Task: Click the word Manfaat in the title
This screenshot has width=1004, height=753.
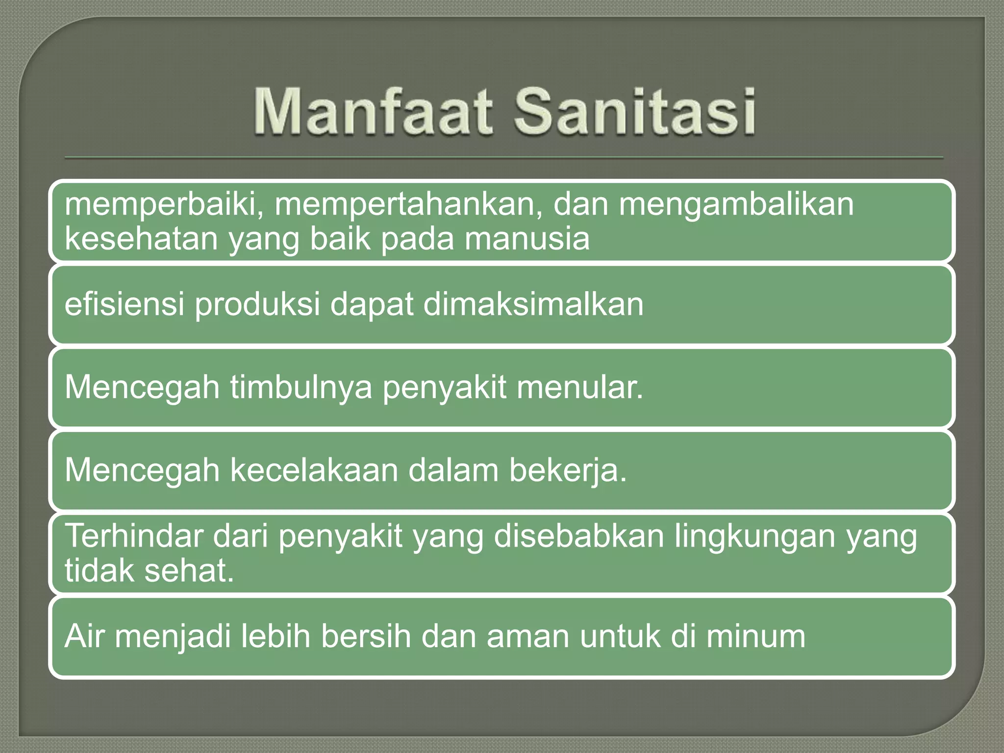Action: coord(373,112)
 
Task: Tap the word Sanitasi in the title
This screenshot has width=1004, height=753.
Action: coord(634,112)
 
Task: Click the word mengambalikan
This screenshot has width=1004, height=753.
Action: coord(736,204)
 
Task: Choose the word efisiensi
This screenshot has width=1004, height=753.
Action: coord(125,304)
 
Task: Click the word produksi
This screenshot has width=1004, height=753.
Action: coord(257,304)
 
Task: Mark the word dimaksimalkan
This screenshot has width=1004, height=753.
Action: coord(533,304)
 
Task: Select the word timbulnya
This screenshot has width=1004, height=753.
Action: coord(301,387)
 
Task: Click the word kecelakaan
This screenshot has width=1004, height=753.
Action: coord(314,470)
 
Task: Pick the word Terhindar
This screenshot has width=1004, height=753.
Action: coord(134,536)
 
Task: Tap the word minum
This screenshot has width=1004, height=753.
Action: coord(755,636)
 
